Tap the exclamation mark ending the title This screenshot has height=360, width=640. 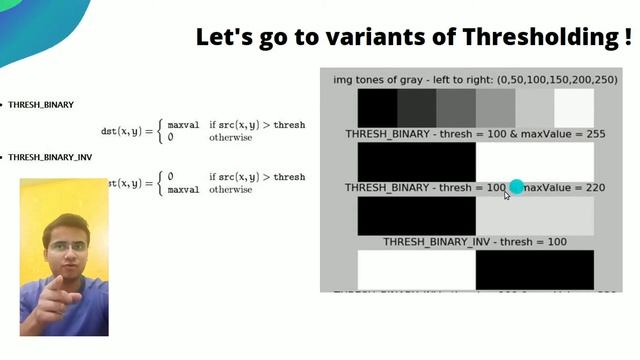coord(627,38)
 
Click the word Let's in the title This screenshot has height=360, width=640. coord(222,38)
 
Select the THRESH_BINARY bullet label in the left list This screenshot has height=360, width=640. coord(41,104)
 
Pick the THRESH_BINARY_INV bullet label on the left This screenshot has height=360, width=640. coord(50,157)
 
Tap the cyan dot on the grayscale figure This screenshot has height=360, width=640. coord(516,187)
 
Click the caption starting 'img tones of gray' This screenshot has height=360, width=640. coord(475,79)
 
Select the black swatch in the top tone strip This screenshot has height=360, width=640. coord(377,108)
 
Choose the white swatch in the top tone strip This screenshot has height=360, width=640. coord(574,108)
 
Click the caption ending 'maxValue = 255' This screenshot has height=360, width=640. coord(475,133)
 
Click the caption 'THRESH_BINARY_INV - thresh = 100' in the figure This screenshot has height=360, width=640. coord(475,241)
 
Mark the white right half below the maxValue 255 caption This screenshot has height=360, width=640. coord(535,160)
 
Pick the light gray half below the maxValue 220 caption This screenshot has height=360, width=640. coord(535,215)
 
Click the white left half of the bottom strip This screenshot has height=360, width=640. coord(416,269)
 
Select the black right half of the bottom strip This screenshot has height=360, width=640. coord(535,269)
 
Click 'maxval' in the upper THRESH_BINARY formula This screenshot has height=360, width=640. coord(184,125)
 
